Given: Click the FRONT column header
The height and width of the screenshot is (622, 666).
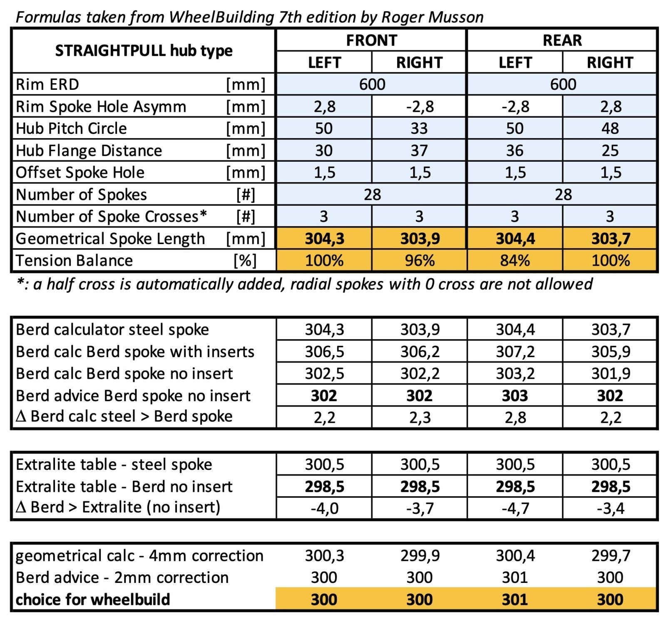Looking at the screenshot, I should point(371,40).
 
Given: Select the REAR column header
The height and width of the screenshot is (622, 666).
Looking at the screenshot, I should point(562,40).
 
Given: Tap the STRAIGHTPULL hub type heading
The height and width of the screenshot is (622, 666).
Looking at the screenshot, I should point(144,51).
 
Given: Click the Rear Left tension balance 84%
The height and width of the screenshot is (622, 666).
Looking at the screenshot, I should point(515,261).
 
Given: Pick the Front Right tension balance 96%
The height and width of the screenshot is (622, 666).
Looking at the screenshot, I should point(420,261).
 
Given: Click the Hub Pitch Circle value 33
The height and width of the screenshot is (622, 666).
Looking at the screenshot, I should point(419,128).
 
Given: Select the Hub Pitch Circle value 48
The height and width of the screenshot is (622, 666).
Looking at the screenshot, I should point(610,128).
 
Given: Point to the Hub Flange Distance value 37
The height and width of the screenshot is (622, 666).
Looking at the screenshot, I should point(419,151).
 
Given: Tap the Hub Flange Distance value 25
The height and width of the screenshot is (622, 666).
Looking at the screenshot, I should point(610,151).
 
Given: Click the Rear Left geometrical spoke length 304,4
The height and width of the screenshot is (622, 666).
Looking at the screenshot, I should point(515,239).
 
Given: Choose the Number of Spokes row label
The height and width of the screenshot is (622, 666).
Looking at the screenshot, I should point(81,195).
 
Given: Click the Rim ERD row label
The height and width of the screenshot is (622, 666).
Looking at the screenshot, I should point(47,84).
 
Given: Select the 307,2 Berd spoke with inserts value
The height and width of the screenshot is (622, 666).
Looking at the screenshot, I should point(515,352).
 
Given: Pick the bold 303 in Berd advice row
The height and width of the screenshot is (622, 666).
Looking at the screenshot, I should point(515,395).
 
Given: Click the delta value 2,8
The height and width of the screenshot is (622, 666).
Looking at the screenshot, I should point(515,417).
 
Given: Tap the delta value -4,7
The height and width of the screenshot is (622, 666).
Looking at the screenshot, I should point(515,508).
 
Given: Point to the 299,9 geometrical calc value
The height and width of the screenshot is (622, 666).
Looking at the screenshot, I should point(420,555).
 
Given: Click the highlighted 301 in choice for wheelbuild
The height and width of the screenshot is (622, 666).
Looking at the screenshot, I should point(515,600).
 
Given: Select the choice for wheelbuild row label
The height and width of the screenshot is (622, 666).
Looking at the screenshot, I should point(92,600).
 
